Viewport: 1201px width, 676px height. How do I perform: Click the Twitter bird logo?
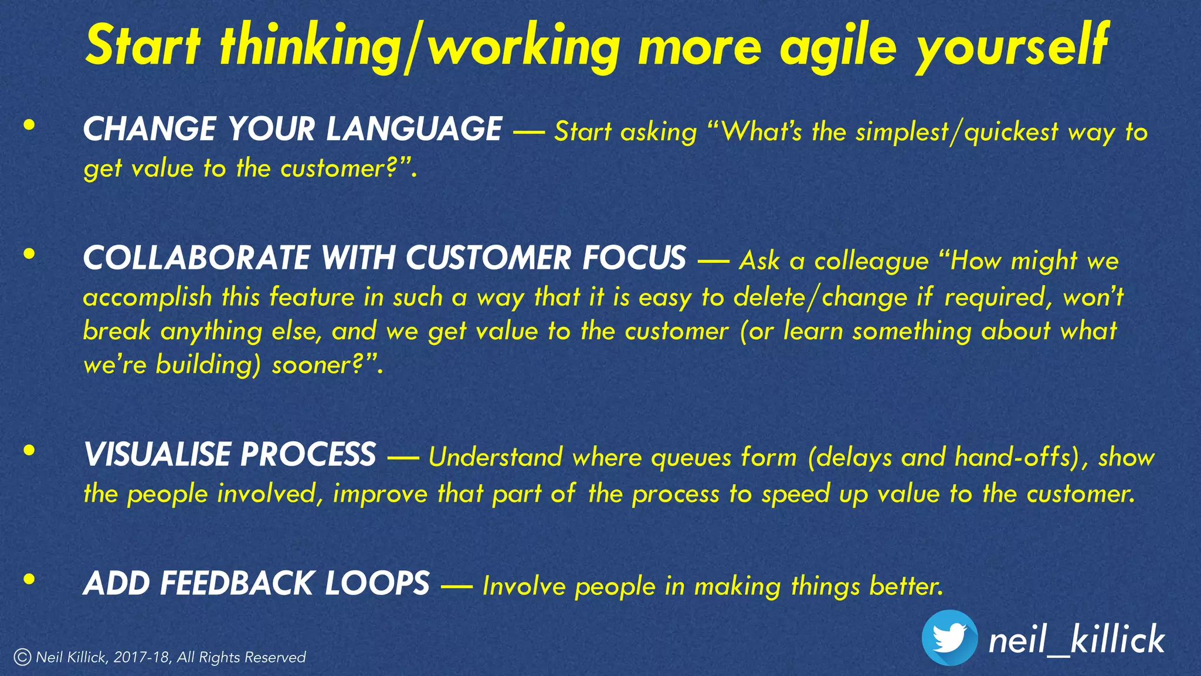click(x=949, y=638)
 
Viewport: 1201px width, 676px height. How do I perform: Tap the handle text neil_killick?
click(x=1076, y=640)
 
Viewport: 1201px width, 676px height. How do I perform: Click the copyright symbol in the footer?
click(x=22, y=657)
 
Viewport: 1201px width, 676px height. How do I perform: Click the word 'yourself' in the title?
click(x=1011, y=47)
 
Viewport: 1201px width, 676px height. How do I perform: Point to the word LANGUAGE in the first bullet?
click(x=413, y=130)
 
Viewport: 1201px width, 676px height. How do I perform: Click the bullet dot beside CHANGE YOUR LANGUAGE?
click(x=29, y=125)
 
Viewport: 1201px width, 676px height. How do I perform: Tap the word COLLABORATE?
click(x=196, y=258)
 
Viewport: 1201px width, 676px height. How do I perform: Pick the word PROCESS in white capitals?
click(x=307, y=455)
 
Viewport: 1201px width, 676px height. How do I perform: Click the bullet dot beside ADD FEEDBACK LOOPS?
click(x=29, y=580)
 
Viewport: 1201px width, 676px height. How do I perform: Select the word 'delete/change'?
click(x=820, y=298)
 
